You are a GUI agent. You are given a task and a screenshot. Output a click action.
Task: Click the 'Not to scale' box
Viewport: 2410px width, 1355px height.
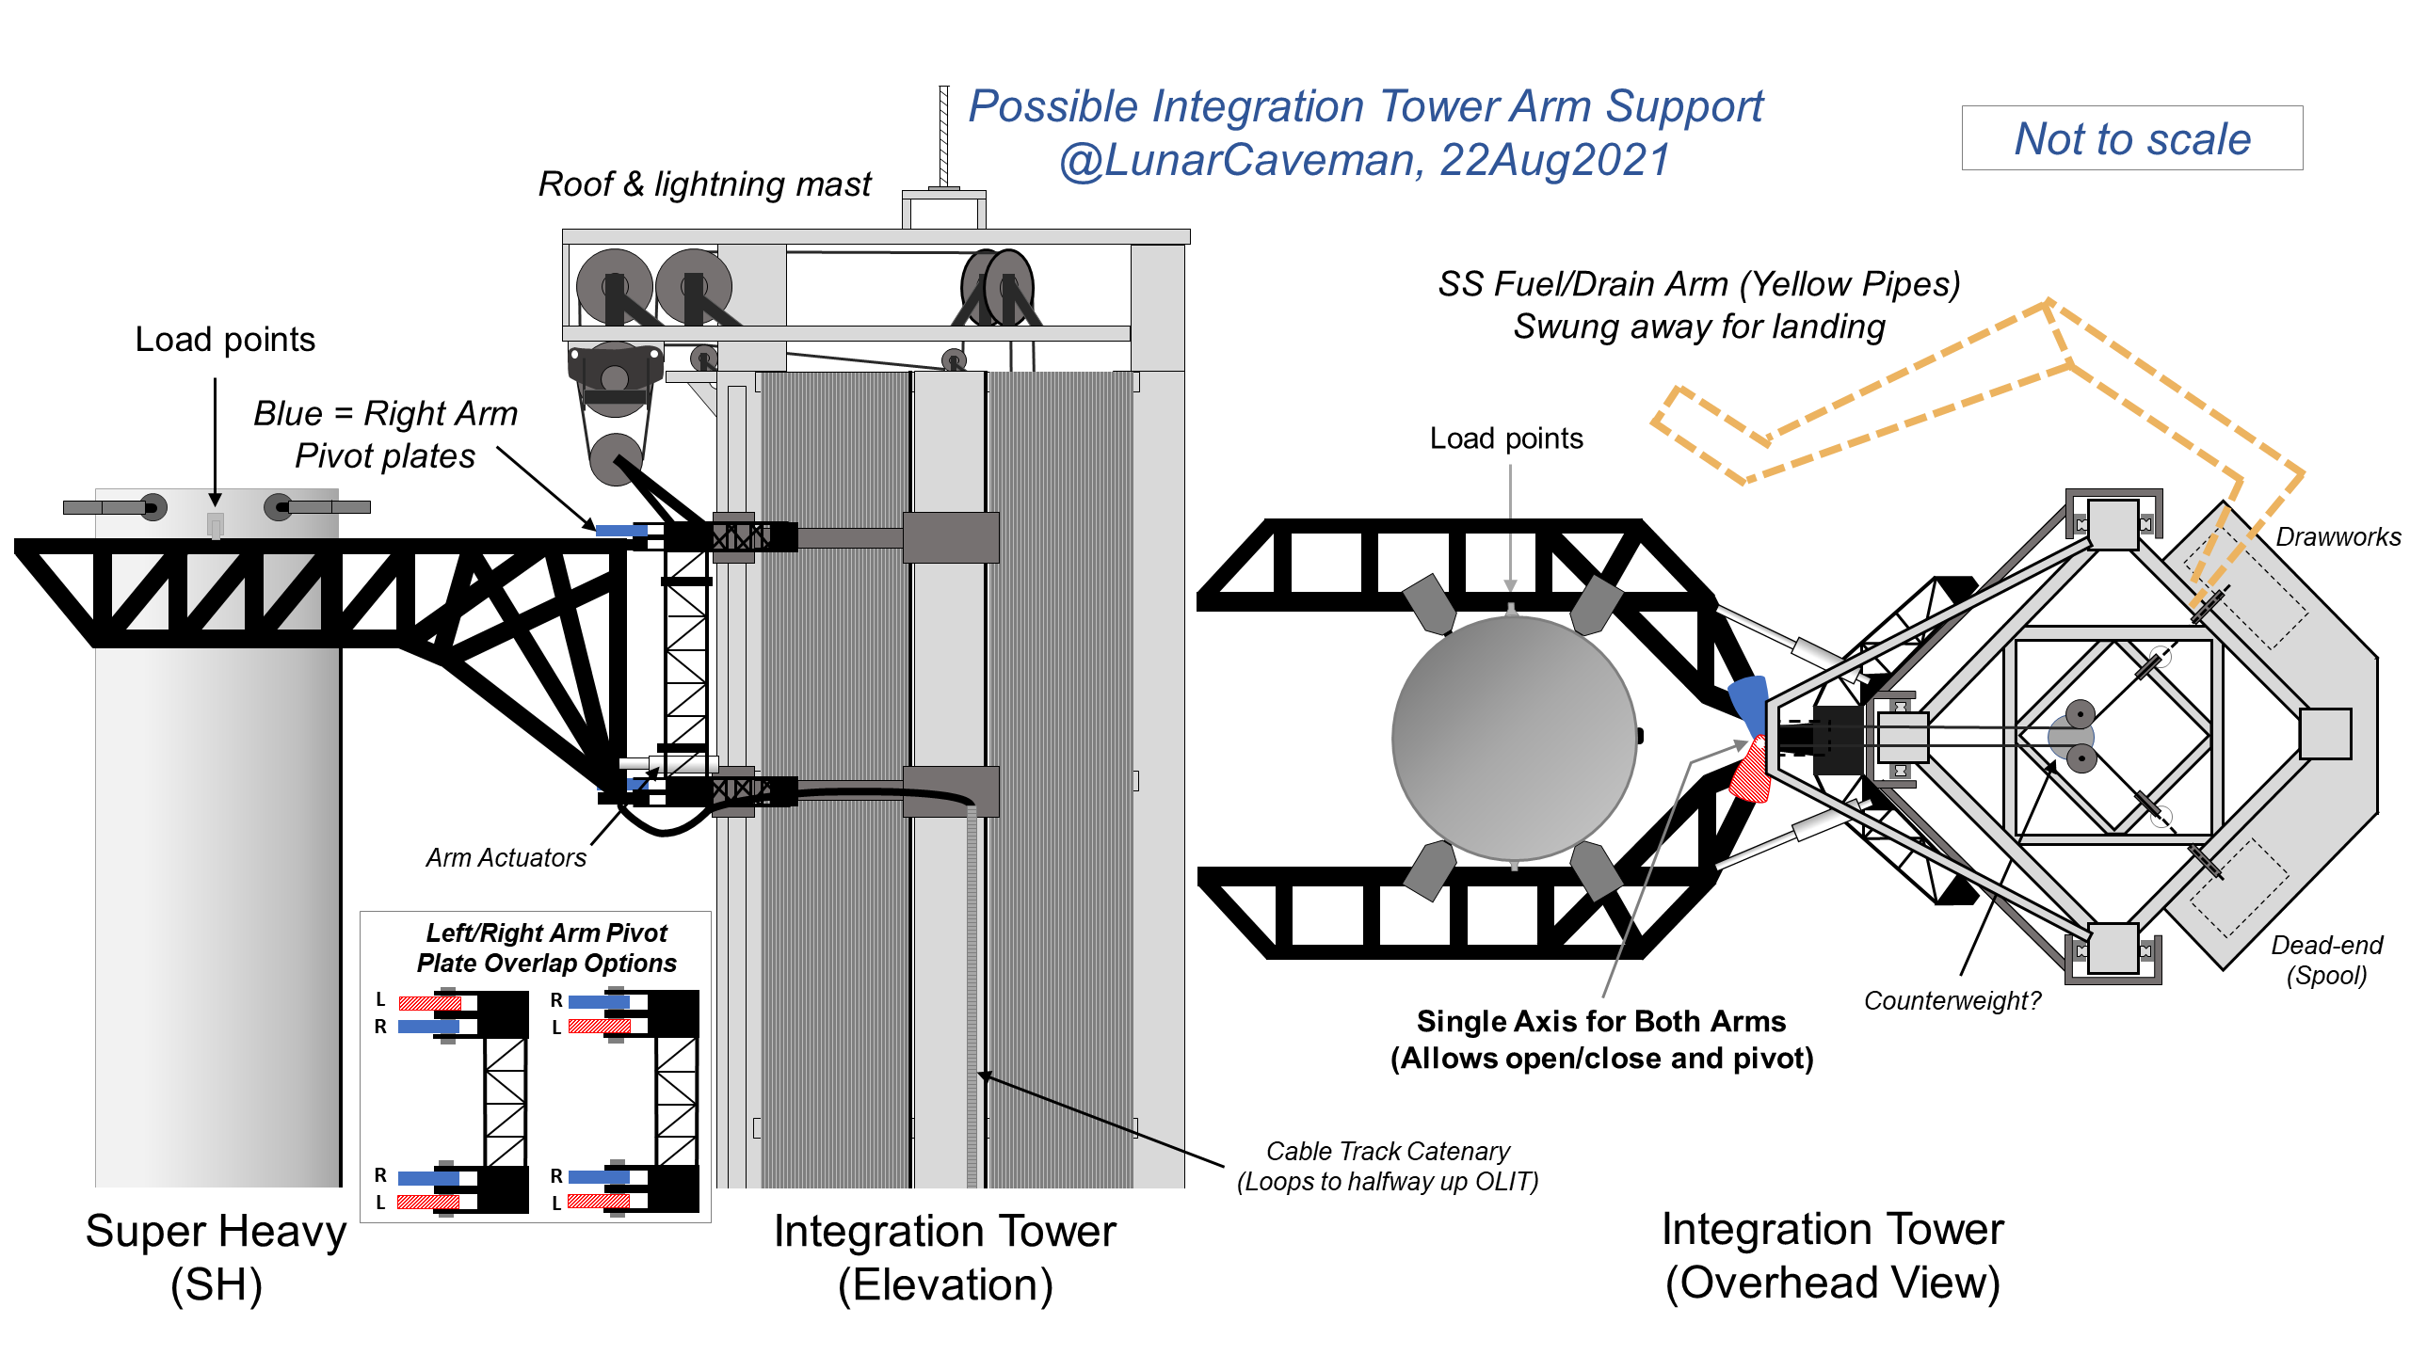(x=2131, y=138)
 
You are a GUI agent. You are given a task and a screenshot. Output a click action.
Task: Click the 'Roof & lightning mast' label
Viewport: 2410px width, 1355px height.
(x=704, y=184)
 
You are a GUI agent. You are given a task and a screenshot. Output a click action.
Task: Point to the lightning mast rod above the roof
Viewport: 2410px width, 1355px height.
(x=944, y=136)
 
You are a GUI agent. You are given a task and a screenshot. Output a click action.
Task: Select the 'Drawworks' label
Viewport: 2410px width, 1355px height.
(x=2338, y=537)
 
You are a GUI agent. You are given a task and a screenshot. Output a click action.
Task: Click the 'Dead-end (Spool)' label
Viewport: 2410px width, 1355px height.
(x=2326, y=960)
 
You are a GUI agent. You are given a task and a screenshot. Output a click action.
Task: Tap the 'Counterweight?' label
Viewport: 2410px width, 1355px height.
(x=1952, y=1000)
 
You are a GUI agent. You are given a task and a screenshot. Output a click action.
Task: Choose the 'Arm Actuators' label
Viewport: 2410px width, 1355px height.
(x=506, y=858)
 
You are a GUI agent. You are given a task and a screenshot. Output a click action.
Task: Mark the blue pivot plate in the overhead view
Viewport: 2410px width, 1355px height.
(x=1748, y=701)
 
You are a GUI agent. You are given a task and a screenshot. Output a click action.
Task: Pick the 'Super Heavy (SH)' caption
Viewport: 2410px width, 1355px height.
(x=216, y=1258)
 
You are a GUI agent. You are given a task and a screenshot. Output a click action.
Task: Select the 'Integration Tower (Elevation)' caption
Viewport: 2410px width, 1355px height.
(x=944, y=1258)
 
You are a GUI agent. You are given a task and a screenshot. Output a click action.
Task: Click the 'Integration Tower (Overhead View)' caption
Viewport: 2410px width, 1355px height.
(x=1832, y=1256)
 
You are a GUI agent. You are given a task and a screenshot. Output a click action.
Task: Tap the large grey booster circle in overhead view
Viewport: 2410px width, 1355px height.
(x=1514, y=739)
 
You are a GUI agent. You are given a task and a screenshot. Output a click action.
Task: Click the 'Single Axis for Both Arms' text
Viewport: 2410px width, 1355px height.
(x=1601, y=1022)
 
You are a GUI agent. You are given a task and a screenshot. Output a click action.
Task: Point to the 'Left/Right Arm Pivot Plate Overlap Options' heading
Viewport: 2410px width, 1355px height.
(x=546, y=948)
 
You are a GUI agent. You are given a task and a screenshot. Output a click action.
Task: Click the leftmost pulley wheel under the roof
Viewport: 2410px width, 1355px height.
(x=614, y=285)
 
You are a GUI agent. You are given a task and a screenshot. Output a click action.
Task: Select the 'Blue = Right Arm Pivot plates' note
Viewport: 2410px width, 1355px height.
(x=386, y=434)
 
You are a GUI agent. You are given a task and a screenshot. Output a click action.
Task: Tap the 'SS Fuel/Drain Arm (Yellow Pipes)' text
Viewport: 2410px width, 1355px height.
(x=1698, y=284)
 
